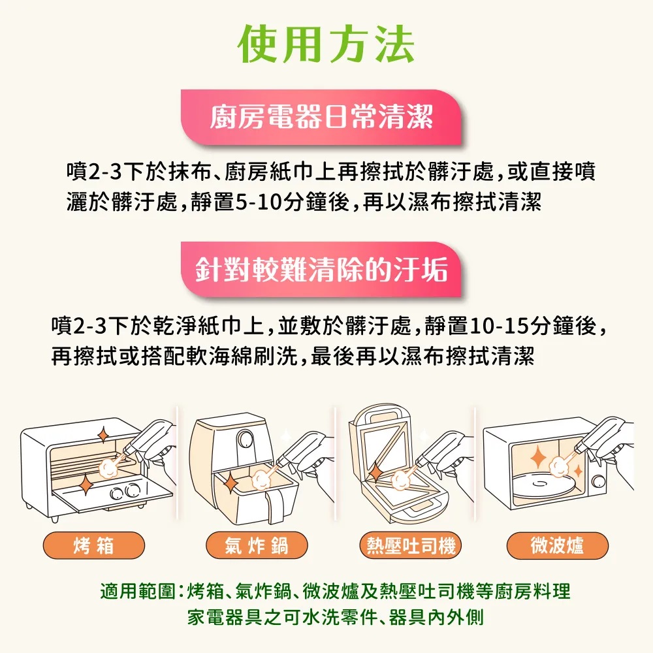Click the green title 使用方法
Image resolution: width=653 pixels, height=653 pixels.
pyautogui.click(x=326, y=44)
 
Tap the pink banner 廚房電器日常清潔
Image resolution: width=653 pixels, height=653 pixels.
pyautogui.click(x=321, y=117)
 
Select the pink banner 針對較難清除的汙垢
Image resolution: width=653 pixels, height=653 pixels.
pyautogui.click(x=321, y=270)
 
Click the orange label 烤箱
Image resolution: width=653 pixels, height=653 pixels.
pyautogui.click(x=93, y=545)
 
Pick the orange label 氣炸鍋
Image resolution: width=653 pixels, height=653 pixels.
pyautogui.click(x=257, y=545)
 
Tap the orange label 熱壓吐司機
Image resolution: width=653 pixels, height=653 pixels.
pyautogui.click(x=411, y=545)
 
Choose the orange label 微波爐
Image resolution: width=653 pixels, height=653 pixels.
pyautogui.click(x=557, y=545)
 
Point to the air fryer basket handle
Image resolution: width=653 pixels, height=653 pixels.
pyautogui.click(x=276, y=507)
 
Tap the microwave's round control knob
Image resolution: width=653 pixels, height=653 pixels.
pyautogui.click(x=599, y=481)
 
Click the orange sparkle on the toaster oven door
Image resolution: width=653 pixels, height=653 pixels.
pyautogui.click(x=86, y=484)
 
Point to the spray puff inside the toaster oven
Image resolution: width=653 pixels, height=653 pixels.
pyautogui.click(x=108, y=468)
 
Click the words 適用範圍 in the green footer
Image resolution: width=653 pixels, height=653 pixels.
pyautogui.click(x=138, y=591)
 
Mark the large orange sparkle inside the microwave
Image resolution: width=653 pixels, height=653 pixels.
pyautogui.click(x=539, y=457)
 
